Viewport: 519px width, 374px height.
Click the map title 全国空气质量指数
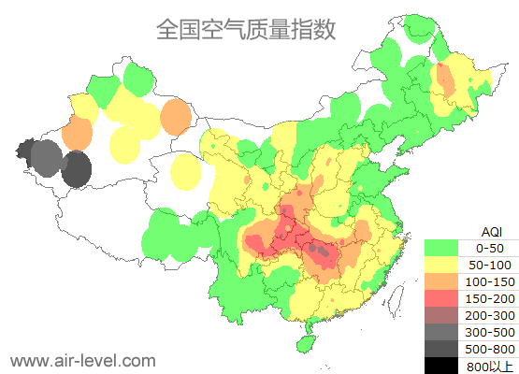(246, 30)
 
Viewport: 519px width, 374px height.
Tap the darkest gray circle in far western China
(77, 169)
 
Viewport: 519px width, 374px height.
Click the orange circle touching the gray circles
(78, 134)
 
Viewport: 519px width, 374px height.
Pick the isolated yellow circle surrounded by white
(187, 171)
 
